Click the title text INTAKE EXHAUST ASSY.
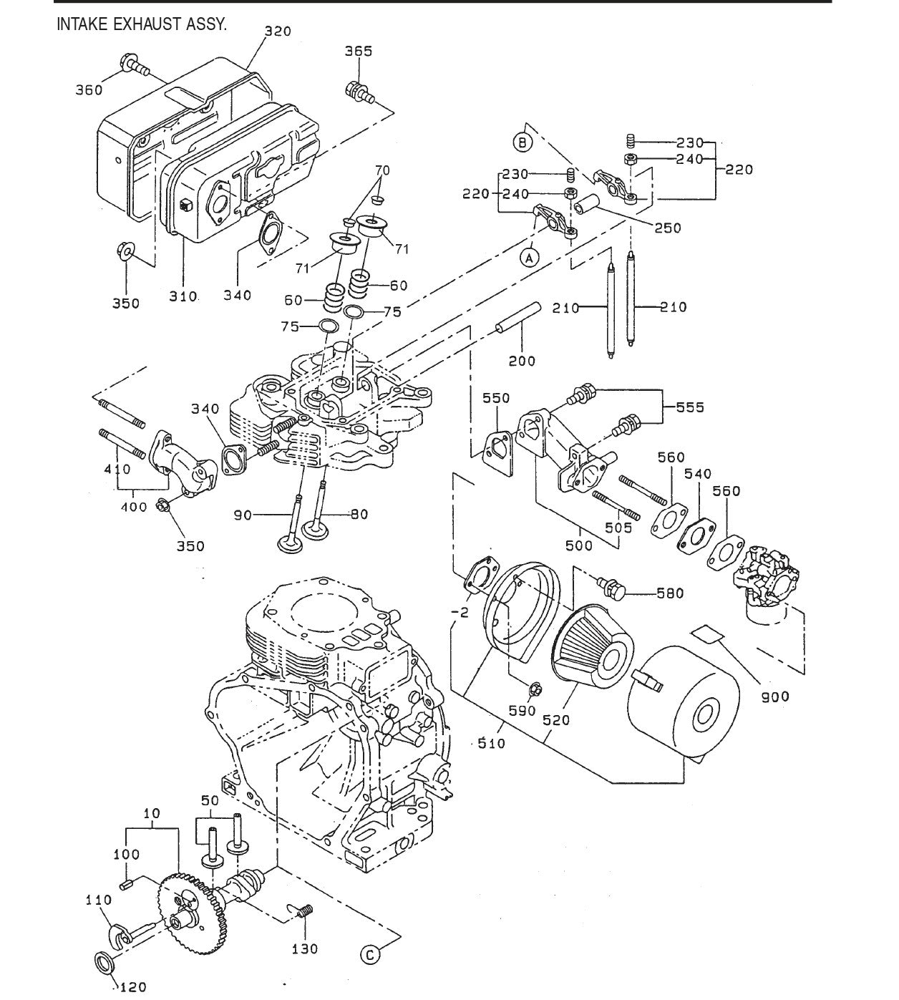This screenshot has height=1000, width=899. point(142,23)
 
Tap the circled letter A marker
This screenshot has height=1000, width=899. point(529,257)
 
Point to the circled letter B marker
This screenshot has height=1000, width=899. point(523,142)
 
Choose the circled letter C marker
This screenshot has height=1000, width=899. point(370,954)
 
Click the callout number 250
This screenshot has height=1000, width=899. point(667,228)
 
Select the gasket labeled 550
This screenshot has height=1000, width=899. point(495,450)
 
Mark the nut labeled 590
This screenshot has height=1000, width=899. point(536,689)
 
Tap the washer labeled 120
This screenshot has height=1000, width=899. point(104,961)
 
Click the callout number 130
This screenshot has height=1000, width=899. point(306,949)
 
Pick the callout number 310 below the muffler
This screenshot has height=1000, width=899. point(184,296)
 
